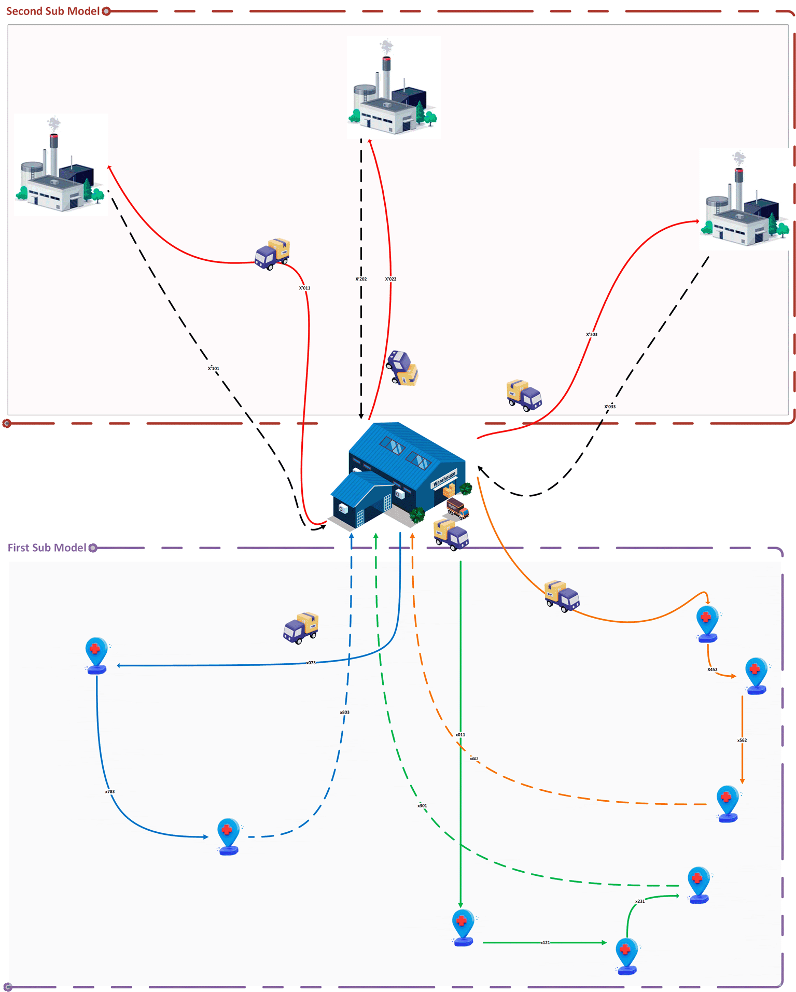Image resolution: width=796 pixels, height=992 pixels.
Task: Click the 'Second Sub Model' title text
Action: pos(52,11)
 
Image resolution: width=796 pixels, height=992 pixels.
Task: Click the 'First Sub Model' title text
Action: pos(47,548)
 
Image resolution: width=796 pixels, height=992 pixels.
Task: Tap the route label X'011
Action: pos(304,288)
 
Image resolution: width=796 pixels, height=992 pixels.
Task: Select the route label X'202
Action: pos(361,279)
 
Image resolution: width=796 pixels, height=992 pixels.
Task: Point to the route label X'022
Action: pos(390,279)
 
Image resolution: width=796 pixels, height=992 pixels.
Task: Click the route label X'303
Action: pos(592,334)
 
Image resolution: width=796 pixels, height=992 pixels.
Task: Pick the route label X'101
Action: pos(214,369)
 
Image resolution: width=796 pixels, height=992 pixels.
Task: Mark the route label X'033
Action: pos(610,407)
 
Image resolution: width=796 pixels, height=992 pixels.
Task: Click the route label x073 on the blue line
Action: pos(311,663)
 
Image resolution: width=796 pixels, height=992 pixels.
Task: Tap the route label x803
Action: pos(345,712)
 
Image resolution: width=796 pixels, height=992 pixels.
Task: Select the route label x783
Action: pos(110,792)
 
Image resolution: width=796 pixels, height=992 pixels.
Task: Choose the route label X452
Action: pos(713,669)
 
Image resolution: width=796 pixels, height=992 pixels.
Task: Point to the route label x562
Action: pos(742,740)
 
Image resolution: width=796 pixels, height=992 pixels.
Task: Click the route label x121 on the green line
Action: pos(546,943)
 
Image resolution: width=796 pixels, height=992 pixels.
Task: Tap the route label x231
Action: pos(640,901)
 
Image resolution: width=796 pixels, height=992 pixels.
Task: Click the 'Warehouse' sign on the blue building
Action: pos(444,479)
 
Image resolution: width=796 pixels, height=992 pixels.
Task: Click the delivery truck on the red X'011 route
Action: pos(272,254)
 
